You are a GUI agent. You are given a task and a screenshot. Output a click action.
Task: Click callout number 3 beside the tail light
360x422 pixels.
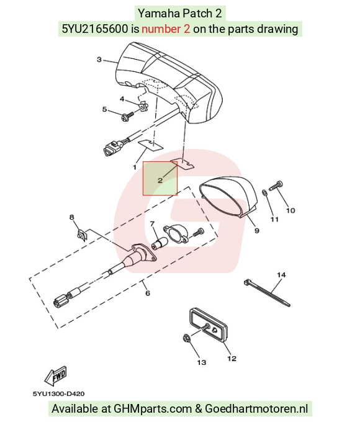[99, 60]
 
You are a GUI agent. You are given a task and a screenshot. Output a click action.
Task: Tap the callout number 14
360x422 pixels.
[281, 275]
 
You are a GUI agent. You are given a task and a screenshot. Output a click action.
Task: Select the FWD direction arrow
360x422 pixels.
[55, 375]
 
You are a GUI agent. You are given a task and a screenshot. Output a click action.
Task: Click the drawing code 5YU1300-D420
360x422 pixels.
[58, 393]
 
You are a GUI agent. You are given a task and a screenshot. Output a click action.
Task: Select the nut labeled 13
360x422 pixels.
[186, 338]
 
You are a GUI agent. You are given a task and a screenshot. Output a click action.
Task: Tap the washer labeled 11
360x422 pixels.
[264, 192]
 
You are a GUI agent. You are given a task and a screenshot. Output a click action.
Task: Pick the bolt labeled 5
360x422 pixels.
[127, 117]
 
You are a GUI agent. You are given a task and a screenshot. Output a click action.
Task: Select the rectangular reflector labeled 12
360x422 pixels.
[209, 325]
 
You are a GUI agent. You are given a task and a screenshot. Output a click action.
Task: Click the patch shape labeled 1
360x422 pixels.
[151, 144]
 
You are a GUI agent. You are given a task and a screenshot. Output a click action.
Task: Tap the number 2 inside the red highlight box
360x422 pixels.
[160, 181]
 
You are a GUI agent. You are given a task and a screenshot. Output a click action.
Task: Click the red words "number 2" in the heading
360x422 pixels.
[166, 29]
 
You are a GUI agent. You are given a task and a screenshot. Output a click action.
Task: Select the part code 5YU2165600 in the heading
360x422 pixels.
[95, 29]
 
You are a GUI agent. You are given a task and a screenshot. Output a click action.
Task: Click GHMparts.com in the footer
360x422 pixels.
[153, 408]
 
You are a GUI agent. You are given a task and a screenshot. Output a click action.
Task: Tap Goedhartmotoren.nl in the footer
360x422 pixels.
[256, 408]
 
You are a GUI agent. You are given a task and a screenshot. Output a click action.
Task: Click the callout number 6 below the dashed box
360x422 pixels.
[148, 292]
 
